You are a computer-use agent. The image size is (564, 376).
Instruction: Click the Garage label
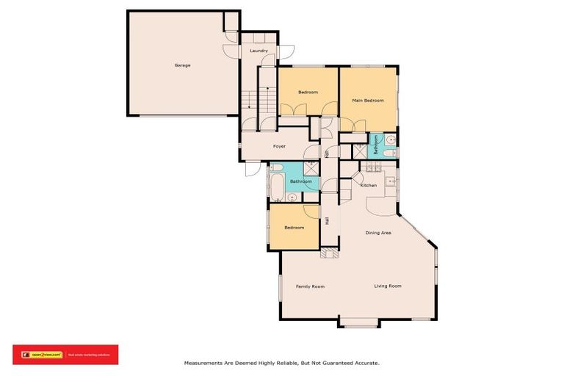tap(182, 65)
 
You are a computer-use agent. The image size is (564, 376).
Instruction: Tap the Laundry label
tap(258, 51)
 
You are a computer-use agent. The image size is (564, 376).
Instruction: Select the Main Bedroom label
tap(368, 100)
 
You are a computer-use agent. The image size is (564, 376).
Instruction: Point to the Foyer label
tap(279, 146)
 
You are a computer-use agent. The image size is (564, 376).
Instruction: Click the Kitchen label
tap(369, 185)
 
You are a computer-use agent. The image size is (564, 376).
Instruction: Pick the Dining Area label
tap(378, 233)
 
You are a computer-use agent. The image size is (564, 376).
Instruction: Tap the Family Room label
tap(310, 286)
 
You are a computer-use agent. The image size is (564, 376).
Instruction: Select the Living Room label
tap(388, 286)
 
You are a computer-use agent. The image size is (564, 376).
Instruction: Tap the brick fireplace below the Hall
tap(328, 252)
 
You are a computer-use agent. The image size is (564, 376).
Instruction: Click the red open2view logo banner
tap(65, 354)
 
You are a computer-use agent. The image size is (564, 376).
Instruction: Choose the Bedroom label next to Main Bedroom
tap(308, 92)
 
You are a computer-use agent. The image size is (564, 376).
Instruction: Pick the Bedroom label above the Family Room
tap(294, 227)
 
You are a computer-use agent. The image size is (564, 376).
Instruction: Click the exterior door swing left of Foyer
tap(252, 167)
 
